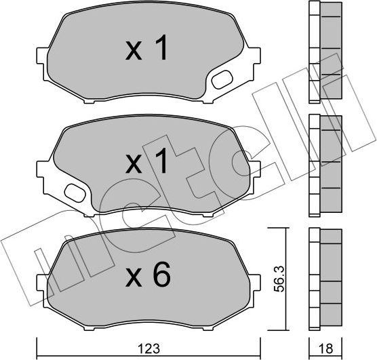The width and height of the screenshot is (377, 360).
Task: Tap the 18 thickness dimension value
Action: pos(327,348)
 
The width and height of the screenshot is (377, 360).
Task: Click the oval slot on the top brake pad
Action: pos(222,80)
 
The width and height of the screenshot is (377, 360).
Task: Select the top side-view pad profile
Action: pos(324,52)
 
